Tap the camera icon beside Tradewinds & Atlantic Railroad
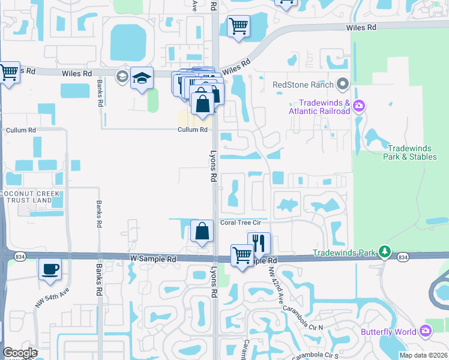pos(359,107)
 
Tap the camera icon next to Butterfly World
pos(426,331)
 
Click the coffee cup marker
pos(50,268)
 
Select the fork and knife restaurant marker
pos(259,243)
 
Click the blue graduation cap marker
pos(142,78)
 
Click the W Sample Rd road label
pos(154,259)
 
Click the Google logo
pos(19,353)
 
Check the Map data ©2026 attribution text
pos(423,355)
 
